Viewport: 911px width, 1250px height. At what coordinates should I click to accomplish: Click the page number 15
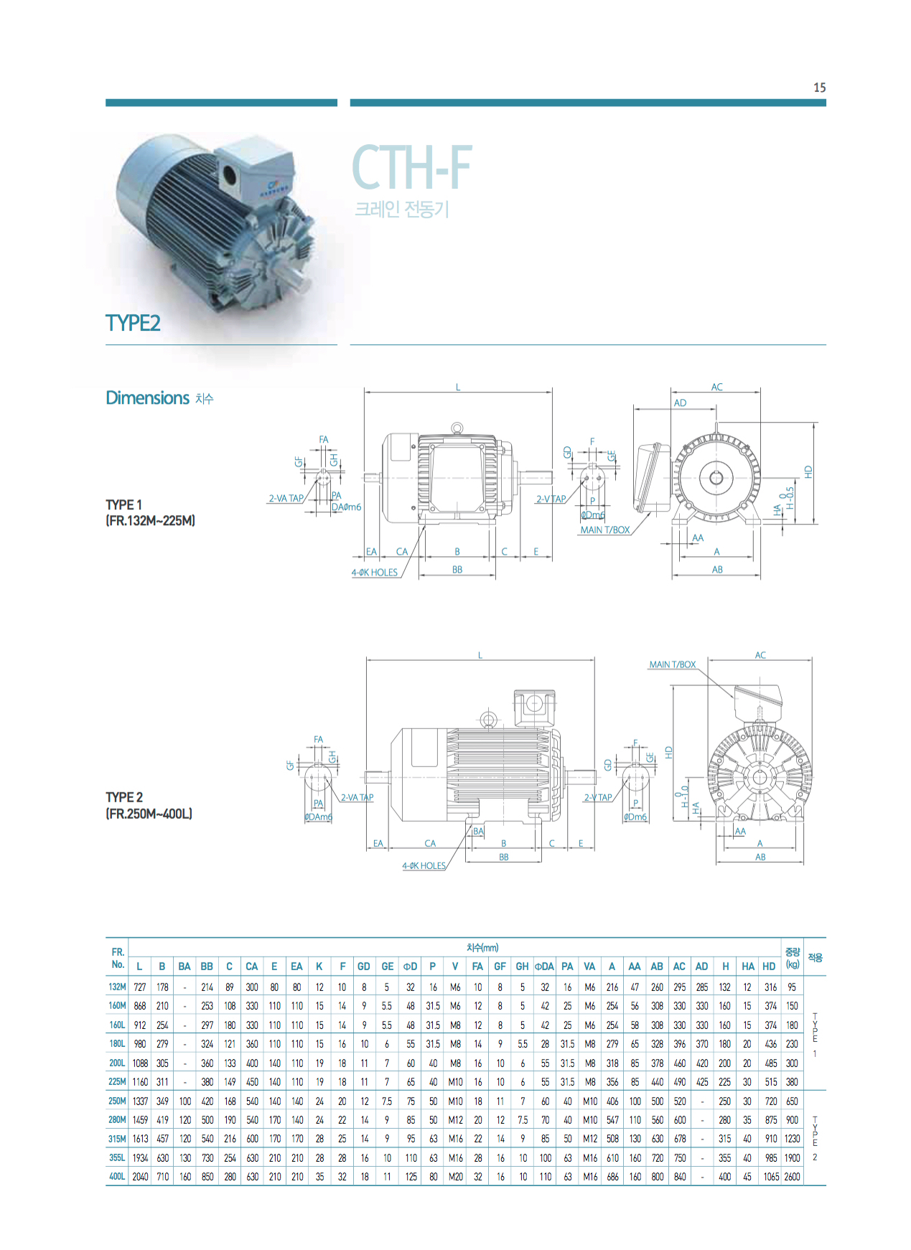click(x=819, y=88)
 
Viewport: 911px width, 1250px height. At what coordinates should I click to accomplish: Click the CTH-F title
click(x=411, y=167)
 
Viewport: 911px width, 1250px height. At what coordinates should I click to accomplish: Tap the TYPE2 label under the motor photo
click(x=133, y=323)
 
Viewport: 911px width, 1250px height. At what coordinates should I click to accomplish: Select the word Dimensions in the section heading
click(x=147, y=398)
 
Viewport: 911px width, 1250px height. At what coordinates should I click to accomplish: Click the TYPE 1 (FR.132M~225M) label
click(x=150, y=512)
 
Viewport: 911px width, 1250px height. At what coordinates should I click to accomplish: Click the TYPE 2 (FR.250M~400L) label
click(x=149, y=805)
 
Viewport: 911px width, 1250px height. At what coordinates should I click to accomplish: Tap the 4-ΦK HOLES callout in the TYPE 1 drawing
click(x=374, y=573)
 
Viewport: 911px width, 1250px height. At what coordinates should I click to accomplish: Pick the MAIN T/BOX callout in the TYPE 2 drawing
click(x=672, y=664)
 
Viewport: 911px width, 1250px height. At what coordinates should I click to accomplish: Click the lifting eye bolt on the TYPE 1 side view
click(x=457, y=428)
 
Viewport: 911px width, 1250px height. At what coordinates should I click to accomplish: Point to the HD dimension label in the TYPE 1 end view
click(x=808, y=472)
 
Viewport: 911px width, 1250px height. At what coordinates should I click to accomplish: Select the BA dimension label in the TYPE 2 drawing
click(x=478, y=831)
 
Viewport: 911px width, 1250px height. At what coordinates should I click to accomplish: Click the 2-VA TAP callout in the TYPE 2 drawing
click(x=357, y=797)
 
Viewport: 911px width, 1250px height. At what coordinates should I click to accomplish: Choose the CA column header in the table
click(x=251, y=967)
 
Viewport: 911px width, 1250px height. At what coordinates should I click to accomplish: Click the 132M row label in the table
click(x=117, y=987)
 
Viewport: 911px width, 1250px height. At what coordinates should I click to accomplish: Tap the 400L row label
click(x=117, y=1176)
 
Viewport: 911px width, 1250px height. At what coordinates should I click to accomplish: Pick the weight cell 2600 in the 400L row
click(x=792, y=1176)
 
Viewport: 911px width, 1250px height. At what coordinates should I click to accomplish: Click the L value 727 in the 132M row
click(x=140, y=987)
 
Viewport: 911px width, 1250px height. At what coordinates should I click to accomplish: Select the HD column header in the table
click(x=769, y=967)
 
